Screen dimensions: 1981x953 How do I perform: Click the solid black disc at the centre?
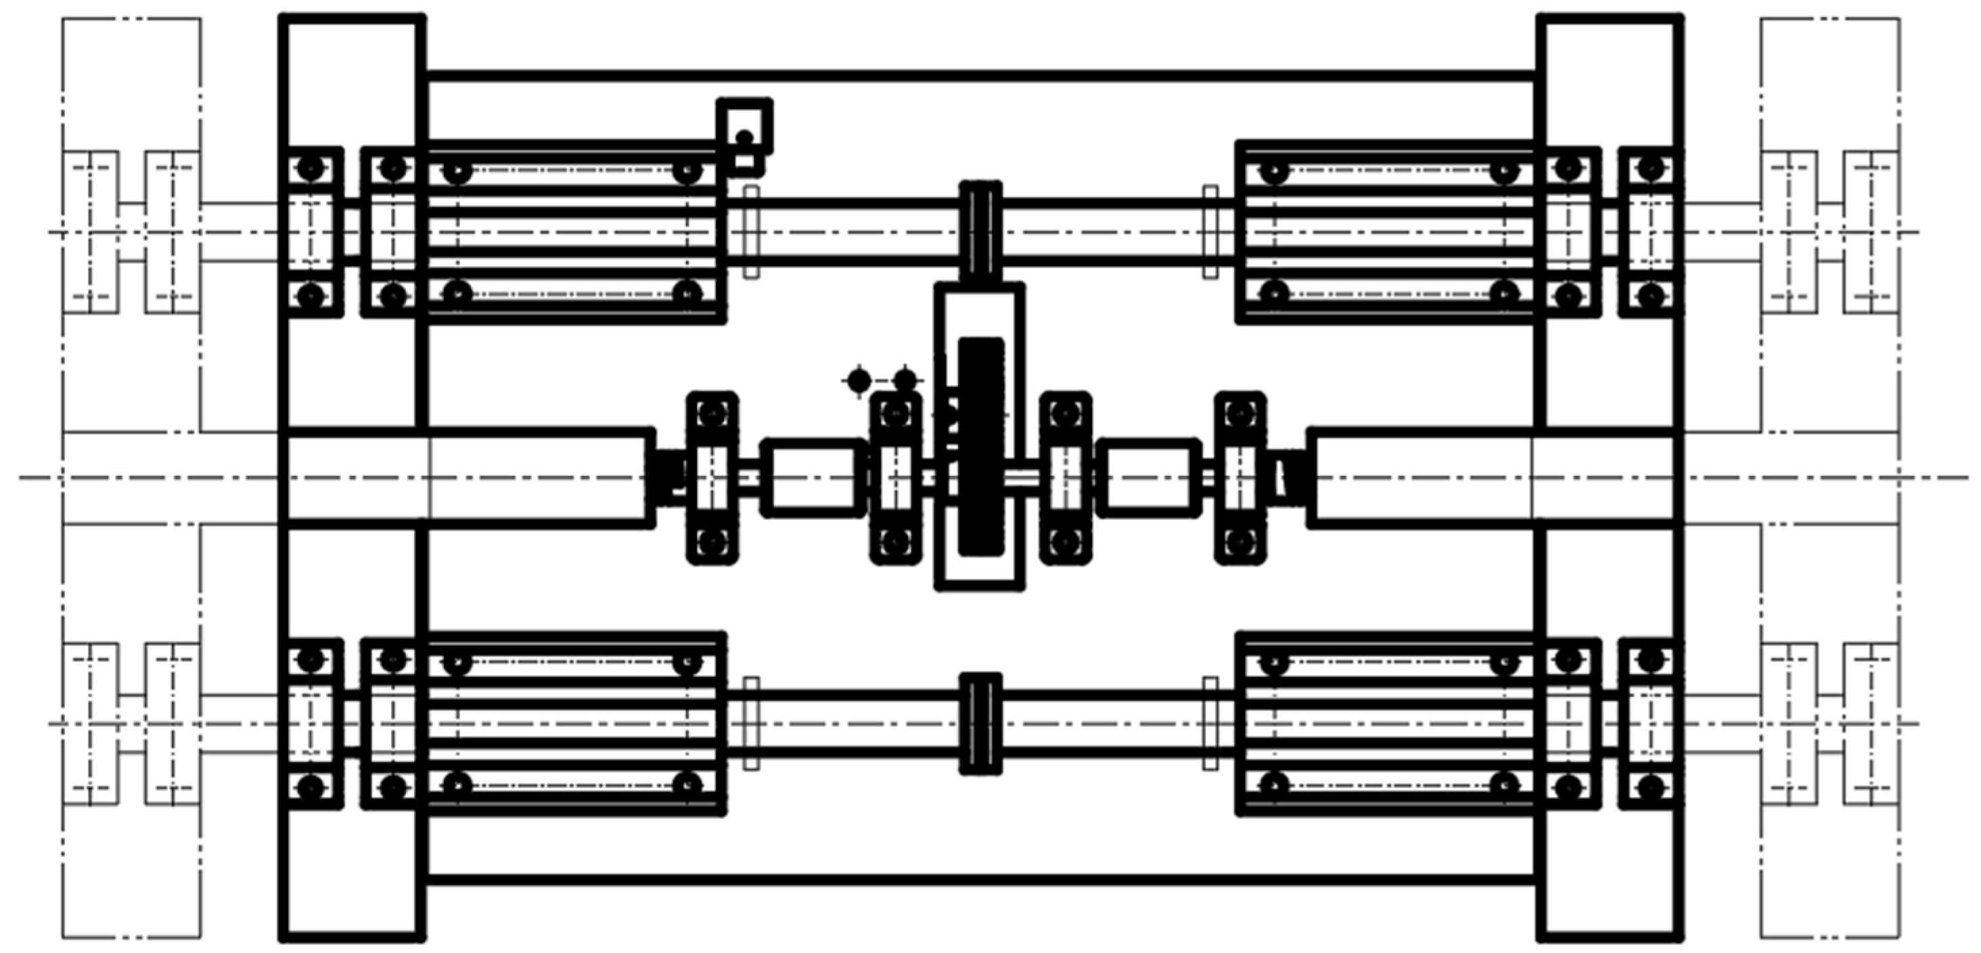[981, 446]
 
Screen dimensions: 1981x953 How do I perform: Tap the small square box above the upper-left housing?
[744, 127]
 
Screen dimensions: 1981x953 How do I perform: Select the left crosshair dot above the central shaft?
[859, 380]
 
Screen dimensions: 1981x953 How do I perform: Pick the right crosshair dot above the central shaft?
[905, 380]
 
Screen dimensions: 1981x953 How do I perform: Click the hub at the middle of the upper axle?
[980, 231]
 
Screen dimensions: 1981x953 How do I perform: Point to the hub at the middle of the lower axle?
[980, 724]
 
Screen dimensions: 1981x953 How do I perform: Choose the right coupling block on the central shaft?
[1149, 478]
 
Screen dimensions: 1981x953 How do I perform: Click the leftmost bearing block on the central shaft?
[712, 478]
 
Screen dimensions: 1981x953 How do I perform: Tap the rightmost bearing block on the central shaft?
[1239, 478]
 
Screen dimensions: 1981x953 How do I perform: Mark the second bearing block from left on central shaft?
[895, 478]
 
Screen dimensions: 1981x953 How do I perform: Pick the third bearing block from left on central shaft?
[1065, 478]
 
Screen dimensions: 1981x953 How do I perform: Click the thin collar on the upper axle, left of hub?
[752, 231]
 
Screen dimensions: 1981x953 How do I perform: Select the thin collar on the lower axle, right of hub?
[1210, 724]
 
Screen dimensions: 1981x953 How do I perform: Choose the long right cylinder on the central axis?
[1492, 478]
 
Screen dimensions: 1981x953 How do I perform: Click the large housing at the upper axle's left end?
[573, 231]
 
